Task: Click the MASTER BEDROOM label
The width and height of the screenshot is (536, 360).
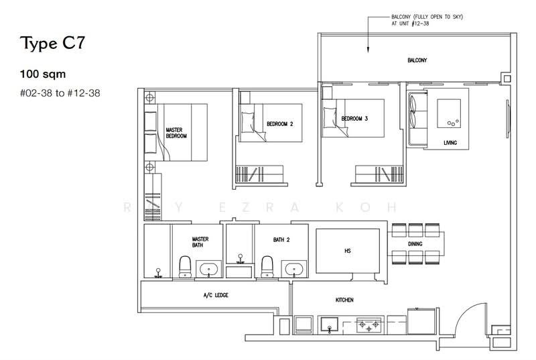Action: click(176, 131)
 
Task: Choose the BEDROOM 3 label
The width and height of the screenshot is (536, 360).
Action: click(355, 119)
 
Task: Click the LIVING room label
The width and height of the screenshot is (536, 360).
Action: click(450, 143)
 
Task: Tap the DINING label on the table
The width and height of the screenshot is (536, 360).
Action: click(415, 245)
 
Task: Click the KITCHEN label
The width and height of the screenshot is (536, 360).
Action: click(344, 300)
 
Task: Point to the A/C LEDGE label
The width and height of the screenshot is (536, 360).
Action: click(216, 295)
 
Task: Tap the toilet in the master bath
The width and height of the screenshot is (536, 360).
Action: click(184, 265)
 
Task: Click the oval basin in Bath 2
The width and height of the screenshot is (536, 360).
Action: click(295, 269)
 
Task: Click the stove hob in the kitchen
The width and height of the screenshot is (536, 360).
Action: click(367, 325)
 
